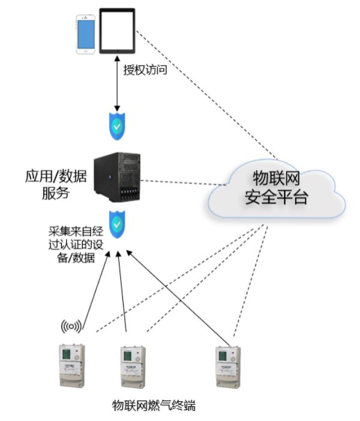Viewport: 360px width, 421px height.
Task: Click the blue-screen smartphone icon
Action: click(85, 34)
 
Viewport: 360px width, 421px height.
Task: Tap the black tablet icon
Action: click(117, 31)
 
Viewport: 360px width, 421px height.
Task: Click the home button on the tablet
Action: click(117, 51)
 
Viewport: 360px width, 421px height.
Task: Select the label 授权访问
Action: click(145, 70)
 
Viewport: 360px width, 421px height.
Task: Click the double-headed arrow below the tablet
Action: click(117, 83)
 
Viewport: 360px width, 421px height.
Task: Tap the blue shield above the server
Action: click(117, 126)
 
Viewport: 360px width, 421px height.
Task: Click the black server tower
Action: click(117, 177)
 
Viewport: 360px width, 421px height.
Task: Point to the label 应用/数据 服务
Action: click(56, 185)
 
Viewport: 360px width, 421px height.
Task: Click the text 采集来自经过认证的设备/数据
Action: click(76, 244)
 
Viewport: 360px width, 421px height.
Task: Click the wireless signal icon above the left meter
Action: click(71, 326)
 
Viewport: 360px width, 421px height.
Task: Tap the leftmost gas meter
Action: click(72, 365)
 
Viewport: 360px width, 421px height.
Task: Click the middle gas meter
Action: click(133, 367)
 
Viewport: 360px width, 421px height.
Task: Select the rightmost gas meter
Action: click(228, 367)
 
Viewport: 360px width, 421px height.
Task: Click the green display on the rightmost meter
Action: click(223, 356)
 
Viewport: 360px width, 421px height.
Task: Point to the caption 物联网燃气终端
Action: click(154, 405)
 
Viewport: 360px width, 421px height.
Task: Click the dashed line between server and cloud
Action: click(183, 182)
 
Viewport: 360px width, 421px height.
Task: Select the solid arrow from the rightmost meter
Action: click(178, 298)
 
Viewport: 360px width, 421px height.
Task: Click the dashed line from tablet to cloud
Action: click(206, 95)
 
